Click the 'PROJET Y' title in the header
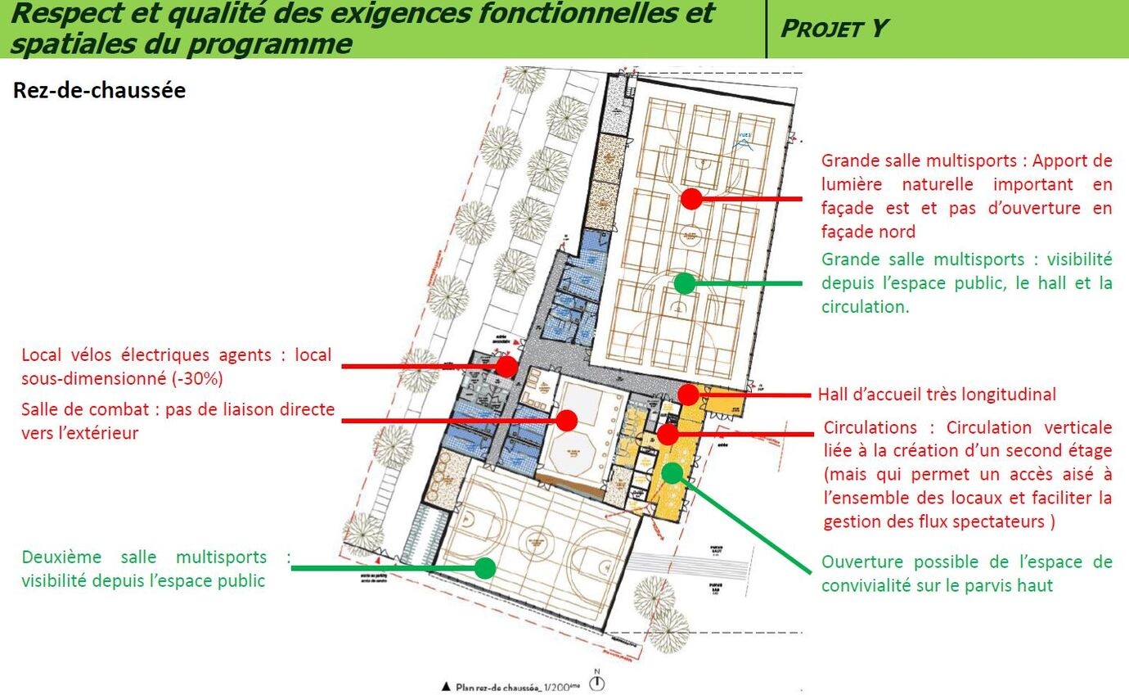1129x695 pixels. (x=834, y=28)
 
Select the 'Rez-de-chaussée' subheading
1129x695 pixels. (x=99, y=90)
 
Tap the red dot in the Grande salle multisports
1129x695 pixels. (x=692, y=198)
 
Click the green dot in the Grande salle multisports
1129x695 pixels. (x=685, y=283)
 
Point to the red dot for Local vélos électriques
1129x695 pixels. (x=507, y=366)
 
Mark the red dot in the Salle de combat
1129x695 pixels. (x=566, y=420)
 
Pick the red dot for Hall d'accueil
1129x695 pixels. (x=689, y=395)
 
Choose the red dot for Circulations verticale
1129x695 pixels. (x=668, y=435)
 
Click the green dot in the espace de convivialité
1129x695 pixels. (x=672, y=472)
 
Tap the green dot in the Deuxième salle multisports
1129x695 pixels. (x=485, y=567)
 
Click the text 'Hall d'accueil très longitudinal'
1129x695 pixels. (x=937, y=395)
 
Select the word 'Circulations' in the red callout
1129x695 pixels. (x=870, y=427)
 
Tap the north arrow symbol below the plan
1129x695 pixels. (x=598, y=682)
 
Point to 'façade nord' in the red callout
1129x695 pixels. (x=868, y=232)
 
